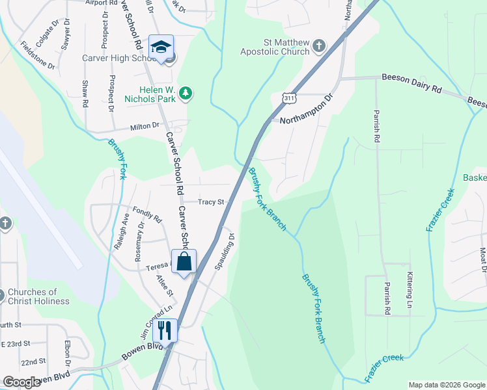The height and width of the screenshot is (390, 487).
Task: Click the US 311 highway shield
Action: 288,98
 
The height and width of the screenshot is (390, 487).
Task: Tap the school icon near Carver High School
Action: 160,47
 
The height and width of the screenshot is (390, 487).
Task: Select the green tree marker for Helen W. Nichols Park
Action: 186,94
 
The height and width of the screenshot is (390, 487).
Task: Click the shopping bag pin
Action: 184,261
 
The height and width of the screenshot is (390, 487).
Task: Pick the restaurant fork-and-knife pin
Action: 164,331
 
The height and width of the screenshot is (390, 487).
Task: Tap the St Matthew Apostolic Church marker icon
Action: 318,45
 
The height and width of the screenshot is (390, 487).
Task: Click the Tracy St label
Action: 211,202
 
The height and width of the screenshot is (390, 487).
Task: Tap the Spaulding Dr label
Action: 223,252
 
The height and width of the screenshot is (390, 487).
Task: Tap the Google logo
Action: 21,382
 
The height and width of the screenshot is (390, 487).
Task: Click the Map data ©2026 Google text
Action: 447,385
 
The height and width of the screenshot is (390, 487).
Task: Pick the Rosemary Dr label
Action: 141,242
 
